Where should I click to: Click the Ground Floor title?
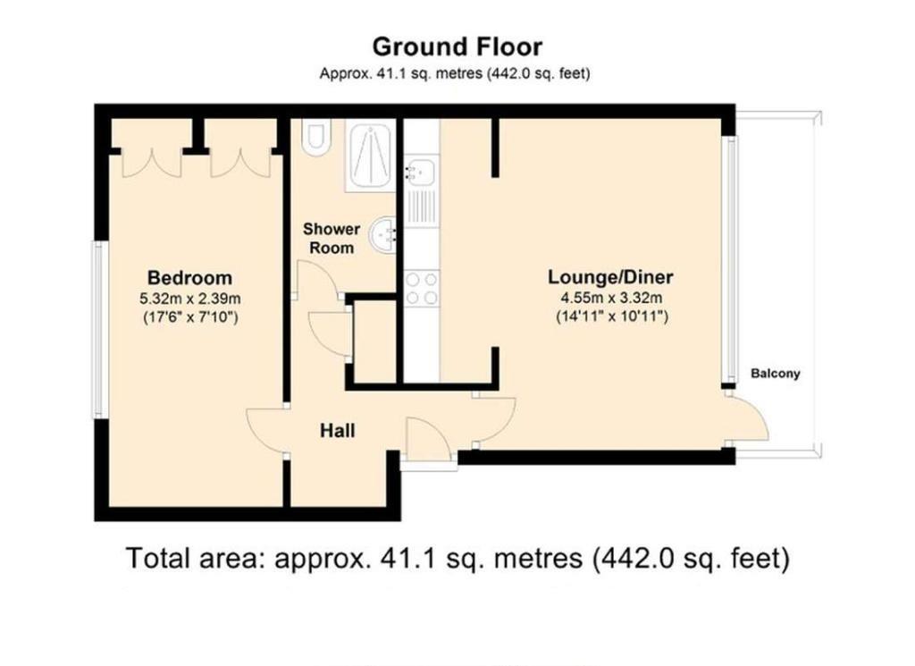pyautogui.click(x=457, y=46)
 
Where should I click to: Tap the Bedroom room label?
pyautogui.click(x=189, y=277)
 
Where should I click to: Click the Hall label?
pyautogui.click(x=338, y=431)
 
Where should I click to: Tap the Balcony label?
pyautogui.click(x=775, y=374)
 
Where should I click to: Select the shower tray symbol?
pyautogui.click(x=370, y=156)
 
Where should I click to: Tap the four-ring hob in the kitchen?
pyautogui.click(x=422, y=288)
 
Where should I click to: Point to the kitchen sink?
pyautogui.click(x=420, y=170)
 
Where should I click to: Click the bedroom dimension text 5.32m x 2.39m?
pyautogui.click(x=189, y=298)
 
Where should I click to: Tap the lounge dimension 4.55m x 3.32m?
pyautogui.click(x=611, y=298)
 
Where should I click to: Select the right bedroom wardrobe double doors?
pyautogui.click(x=239, y=161)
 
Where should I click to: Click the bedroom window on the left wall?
pyautogui.click(x=101, y=329)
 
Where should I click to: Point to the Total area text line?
pyautogui.click(x=457, y=559)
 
